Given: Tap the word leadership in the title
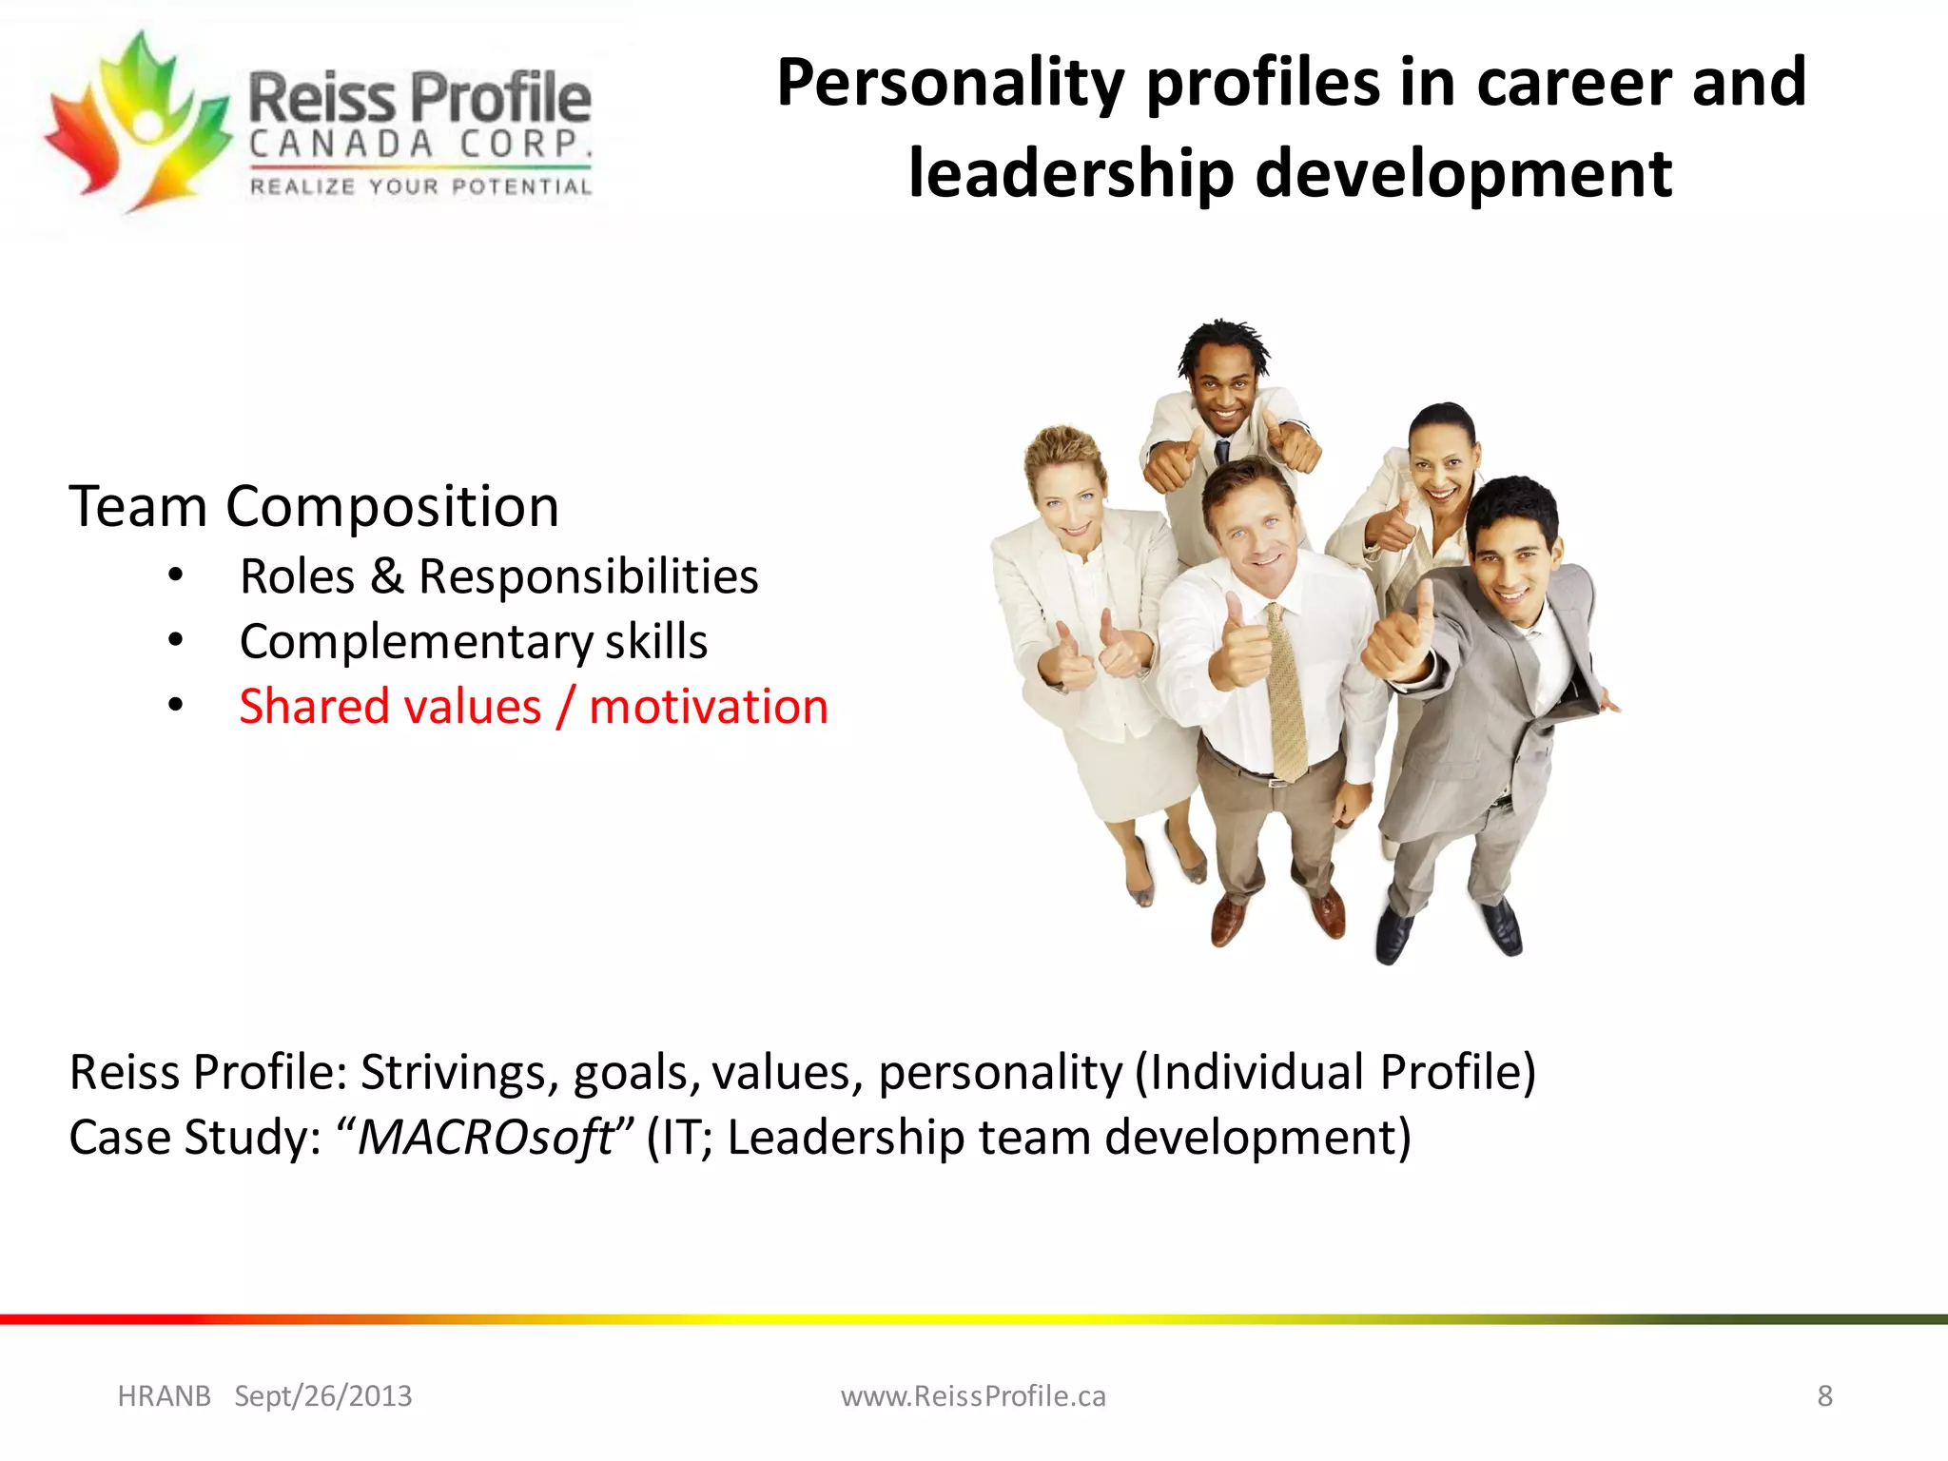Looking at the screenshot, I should click(x=1069, y=173).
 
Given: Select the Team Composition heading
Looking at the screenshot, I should click(x=314, y=506).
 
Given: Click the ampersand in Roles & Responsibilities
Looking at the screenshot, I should click(x=386, y=576).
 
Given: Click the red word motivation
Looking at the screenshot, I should click(x=709, y=707).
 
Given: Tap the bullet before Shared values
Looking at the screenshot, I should click(x=175, y=705).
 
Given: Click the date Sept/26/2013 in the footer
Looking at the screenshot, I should click(x=323, y=1396).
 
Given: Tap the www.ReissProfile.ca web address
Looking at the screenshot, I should click(x=973, y=1396).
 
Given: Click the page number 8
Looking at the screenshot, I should click(x=1824, y=1396).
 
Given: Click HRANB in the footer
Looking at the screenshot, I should click(x=164, y=1396).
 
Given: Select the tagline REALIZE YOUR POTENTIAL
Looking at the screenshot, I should click(x=420, y=187).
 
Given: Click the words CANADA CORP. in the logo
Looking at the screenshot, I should click(x=420, y=145).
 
